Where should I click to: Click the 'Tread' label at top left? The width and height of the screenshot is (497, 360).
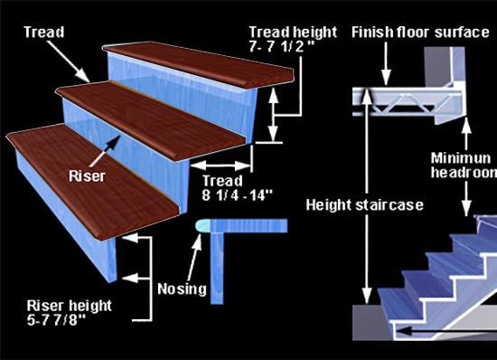(44, 32)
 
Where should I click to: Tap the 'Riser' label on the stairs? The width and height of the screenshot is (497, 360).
(87, 176)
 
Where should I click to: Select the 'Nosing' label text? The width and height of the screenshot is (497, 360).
(182, 289)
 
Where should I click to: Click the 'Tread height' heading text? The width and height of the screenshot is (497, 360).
(293, 32)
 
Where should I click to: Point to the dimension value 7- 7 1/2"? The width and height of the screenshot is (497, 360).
(281, 47)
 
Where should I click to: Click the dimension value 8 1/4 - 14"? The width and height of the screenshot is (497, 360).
(238, 195)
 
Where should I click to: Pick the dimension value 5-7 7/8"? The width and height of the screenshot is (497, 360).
(56, 320)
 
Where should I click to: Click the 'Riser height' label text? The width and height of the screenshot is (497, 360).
(69, 306)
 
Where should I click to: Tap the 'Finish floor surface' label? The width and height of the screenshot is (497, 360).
(420, 33)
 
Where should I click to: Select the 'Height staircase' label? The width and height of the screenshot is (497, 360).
(365, 205)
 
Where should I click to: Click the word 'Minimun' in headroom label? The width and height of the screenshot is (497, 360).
(460, 157)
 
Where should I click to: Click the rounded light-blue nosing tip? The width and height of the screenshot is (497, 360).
(202, 225)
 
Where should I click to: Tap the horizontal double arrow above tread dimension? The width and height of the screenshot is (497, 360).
(221, 166)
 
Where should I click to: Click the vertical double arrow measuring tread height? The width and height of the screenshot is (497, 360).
(273, 114)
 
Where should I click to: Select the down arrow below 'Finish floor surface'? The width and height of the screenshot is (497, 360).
(386, 63)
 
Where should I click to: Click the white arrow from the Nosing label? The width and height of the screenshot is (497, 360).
(194, 258)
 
